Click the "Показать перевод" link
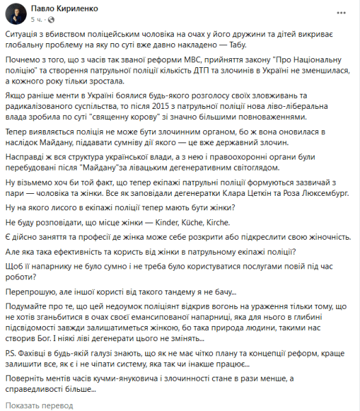tap(42, 405)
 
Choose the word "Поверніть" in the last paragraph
tap(34, 380)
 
